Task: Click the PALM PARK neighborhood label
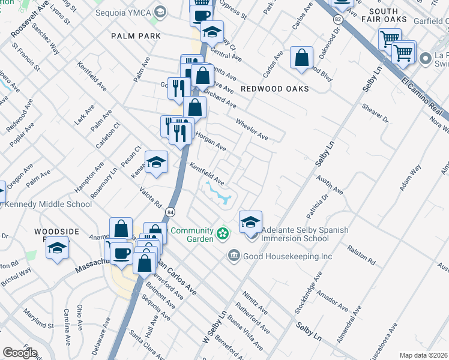pos(136,36)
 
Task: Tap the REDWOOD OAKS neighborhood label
pos(274,89)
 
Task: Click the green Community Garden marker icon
pos(223,232)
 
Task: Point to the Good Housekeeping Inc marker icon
pos(234,256)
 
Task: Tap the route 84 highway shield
pos(172,212)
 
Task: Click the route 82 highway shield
pos(339,20)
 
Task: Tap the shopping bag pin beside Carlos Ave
pos(301,58)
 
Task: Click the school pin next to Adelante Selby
pos(250,221)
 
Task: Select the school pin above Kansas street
pos(156,162)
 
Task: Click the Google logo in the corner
pos(20,353)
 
